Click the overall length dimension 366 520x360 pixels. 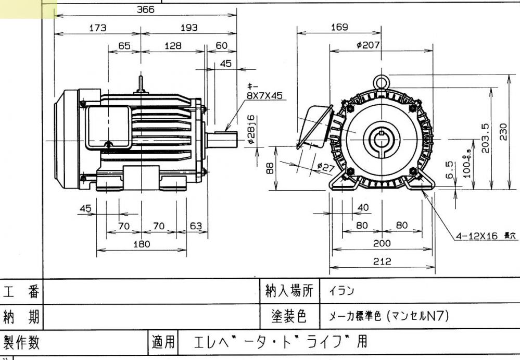click(x=146, y=9)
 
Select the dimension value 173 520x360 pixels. click(x=97, y=28)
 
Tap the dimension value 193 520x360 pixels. click(x=188, y=28)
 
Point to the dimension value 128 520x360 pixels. click(x=173, y=46)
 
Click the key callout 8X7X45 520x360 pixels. click(x=265, y=96)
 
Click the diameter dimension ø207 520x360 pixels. click(x=368, y=45)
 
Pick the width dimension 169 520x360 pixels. click(x=339, y=28)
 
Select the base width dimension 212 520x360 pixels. click(x=383, y=262)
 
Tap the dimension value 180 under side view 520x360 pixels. click(x=141, y=244)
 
